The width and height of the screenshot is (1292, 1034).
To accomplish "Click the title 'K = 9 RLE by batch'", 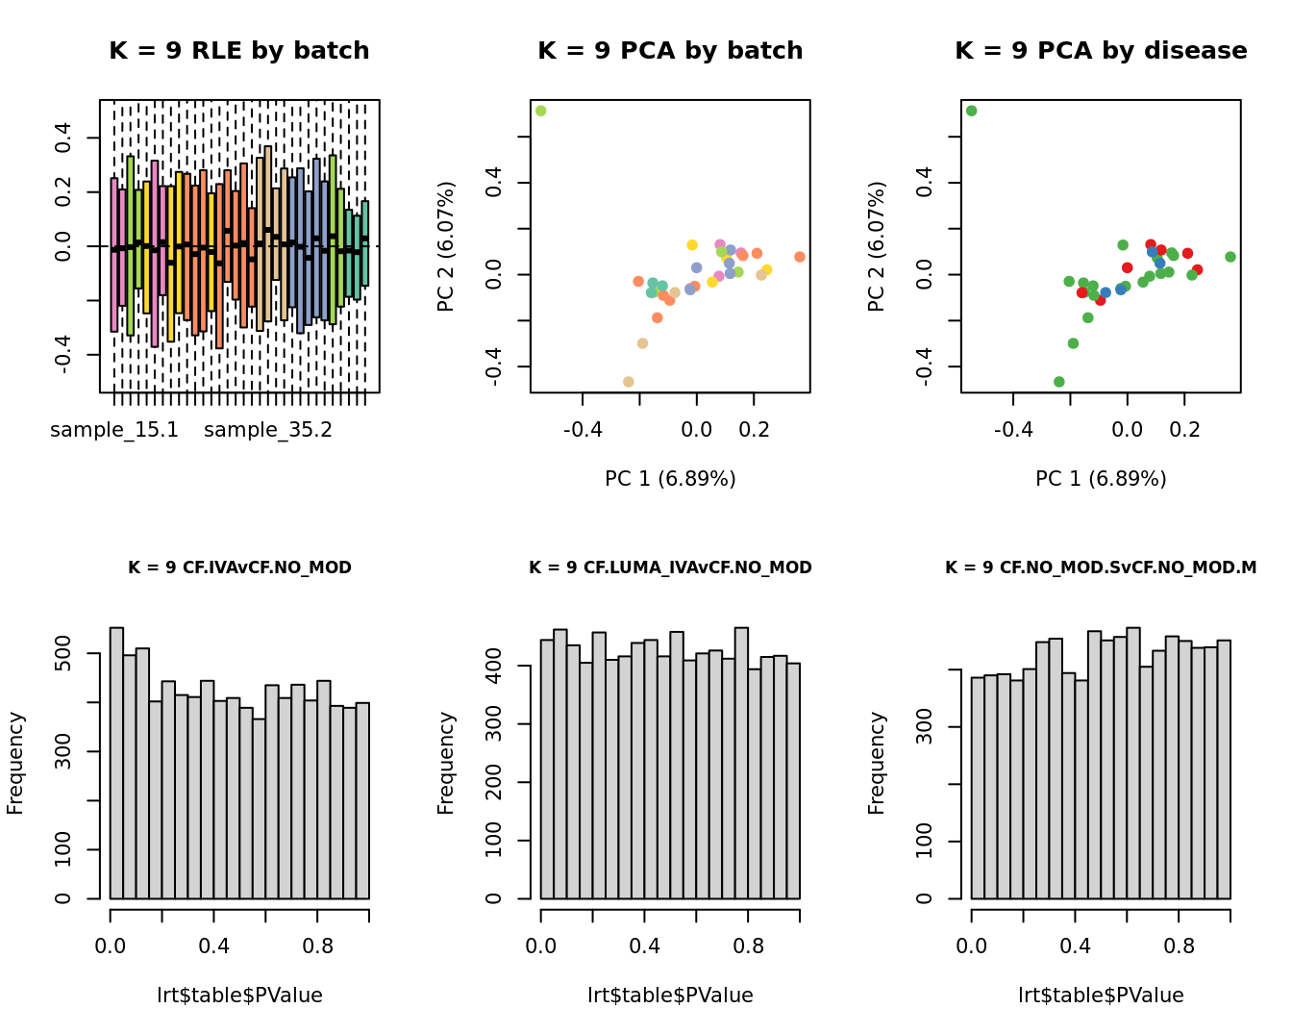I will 238,51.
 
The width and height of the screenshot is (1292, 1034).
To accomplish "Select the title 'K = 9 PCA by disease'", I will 1101,51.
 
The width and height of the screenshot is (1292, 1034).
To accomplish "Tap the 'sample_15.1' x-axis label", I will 114,430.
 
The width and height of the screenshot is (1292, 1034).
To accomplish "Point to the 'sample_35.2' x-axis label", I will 268,430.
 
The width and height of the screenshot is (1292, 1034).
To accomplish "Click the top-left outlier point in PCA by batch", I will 540,111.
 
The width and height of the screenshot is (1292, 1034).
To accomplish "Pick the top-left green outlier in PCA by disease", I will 971,111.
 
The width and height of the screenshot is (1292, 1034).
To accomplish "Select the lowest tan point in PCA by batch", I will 629,382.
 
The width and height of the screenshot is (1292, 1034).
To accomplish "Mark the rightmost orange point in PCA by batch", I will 800,257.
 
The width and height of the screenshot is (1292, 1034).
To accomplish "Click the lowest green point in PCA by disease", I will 1059,382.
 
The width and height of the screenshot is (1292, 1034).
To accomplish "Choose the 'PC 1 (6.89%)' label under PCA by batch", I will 670,479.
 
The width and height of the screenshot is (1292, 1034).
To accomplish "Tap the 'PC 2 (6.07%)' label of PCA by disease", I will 876,246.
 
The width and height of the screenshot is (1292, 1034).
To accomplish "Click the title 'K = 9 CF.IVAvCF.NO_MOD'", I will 239,567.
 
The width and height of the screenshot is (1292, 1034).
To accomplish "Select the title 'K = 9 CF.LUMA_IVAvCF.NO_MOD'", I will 670,567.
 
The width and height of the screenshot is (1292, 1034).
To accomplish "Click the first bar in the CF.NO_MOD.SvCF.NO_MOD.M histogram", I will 978,788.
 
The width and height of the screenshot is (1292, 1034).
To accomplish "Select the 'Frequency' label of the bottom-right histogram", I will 876,763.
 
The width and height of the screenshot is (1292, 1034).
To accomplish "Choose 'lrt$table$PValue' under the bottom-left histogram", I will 239,996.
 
